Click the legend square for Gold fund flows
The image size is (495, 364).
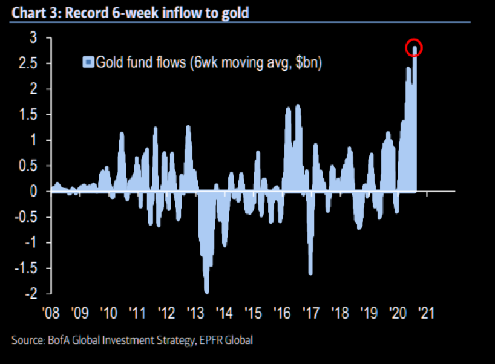88,62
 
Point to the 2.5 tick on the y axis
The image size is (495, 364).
33,63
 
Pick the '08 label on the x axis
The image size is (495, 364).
51,313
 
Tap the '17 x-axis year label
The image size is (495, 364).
311,313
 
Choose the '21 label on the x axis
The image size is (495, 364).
427,313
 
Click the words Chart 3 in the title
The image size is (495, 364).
30,11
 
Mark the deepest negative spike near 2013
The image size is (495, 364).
207,292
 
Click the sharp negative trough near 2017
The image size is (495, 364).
310,273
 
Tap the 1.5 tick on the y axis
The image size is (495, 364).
33,115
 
